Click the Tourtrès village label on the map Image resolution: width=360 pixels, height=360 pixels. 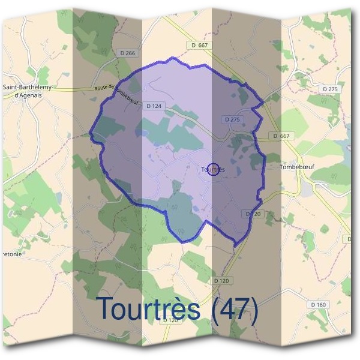click(x=214, y=170)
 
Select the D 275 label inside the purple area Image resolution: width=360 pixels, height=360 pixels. click(x=232, y=119)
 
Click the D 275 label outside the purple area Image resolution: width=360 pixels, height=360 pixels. click(x=330, y=89)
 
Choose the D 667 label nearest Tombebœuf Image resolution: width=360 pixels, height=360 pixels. click(x=281, y=136)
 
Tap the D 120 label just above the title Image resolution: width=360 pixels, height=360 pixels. click(x=221, y=280)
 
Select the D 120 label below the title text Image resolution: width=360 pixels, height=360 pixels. click(x=170, y=320)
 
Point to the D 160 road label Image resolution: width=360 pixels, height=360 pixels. click(x=319, y=305)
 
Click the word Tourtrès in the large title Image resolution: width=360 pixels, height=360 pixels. click(x=148, y=308)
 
